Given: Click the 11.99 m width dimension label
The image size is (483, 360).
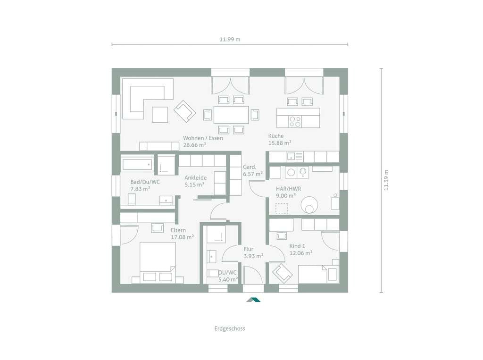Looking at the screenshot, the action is coord(230,40).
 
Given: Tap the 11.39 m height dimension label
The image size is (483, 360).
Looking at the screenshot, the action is coord(386,180).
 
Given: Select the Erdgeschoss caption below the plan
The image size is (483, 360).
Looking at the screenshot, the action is coord(230,328).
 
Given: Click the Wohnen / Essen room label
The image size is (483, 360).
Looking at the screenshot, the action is coord(203,138).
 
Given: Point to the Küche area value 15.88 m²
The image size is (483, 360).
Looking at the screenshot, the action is coord(280,143).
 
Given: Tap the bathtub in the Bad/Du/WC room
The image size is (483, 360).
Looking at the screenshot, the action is coord(137,164).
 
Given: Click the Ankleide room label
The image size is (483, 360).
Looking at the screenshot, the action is coord(196,177).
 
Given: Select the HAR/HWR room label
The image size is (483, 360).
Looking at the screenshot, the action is coord(288,189).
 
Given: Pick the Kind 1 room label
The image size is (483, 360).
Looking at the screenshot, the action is coord(297,246).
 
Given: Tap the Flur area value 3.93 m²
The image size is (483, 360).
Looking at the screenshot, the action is coord(253,256).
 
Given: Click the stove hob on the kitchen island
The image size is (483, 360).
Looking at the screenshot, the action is coord(295,121).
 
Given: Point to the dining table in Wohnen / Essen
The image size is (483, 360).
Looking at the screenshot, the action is coord(231,115).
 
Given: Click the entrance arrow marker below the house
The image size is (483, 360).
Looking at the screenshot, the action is coord(253,300).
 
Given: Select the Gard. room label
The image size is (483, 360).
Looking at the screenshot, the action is coord(250,167).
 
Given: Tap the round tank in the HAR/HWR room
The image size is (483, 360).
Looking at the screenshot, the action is coord(309,205).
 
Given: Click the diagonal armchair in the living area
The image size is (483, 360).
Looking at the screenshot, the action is coord(184,111).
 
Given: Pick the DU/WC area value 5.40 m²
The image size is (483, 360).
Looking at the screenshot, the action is coord(228,280).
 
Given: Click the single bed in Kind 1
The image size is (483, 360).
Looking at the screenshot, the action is coord(318,274).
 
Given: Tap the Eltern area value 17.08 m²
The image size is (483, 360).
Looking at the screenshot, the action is coord(183,237).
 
